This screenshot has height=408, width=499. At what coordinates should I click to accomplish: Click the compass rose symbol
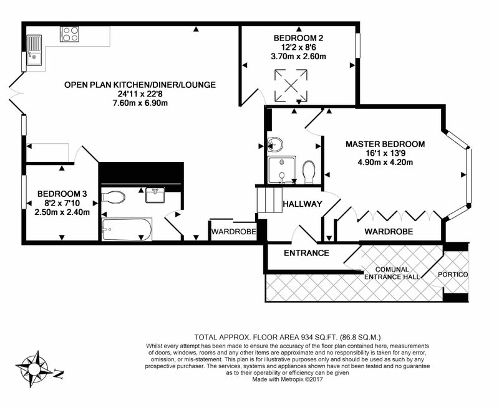coord(36,368)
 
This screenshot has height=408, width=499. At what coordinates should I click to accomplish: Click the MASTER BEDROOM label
coord(385,144)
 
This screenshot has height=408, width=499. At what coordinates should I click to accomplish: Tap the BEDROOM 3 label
coord(61,194)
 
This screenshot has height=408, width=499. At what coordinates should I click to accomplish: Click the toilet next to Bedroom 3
coord(114,198)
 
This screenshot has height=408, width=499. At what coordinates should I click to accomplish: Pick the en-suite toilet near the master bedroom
coord(308,172)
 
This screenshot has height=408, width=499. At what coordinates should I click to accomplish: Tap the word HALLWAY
coord(302,204)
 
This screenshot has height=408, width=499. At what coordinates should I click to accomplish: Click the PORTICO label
coord(452,275)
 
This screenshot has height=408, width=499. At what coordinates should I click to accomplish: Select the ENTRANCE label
coord(306,253)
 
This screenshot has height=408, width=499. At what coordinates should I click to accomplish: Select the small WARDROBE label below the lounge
coord(233,232)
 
